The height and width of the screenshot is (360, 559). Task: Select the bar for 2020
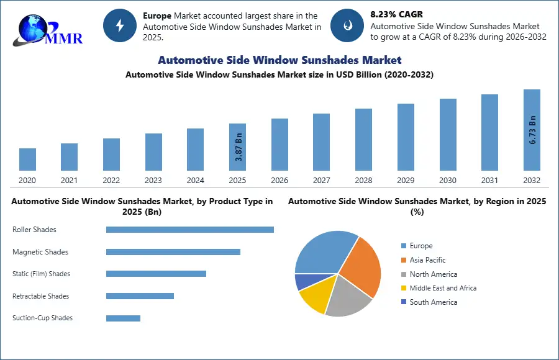tap(27, 160)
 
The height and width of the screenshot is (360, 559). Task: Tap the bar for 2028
tap(363, 140)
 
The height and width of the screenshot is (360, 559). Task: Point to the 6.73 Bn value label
tap(532, 131)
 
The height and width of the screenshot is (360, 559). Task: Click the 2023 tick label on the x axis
tap(153, 181)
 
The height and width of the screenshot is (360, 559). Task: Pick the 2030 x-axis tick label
tap(448, 181)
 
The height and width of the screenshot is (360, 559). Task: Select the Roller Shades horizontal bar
tap(189, 230)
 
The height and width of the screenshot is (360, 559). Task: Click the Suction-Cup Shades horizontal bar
tap(123, 318)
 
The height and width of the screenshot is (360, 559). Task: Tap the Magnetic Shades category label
tap(40, 252)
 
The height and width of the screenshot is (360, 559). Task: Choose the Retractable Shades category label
tap(41, 296)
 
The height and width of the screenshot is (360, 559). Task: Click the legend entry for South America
tap(433, 302)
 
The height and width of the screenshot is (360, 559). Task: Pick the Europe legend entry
tap(420, 246)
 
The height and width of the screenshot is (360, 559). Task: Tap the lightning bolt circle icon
tap(120, 25)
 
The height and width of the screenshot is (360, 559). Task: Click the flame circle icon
tap(347, 25)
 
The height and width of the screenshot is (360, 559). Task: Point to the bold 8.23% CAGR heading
tap(397, 14)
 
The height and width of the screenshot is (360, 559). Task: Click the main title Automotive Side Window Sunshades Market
tap(279, 60)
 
